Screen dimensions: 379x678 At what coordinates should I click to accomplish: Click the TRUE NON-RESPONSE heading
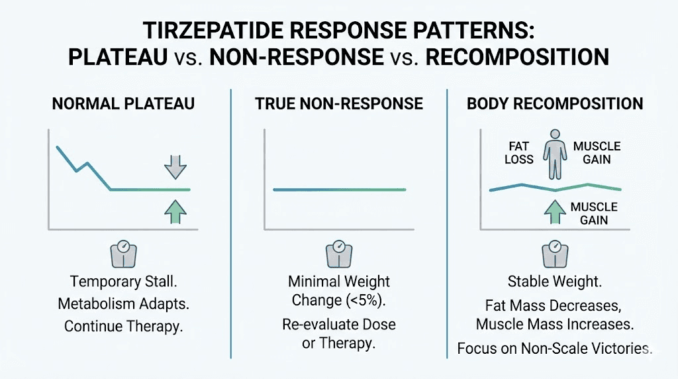[338, 103]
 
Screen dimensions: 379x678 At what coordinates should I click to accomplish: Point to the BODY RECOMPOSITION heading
[555, 103]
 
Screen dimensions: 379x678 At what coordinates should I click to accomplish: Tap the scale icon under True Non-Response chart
[338, 254]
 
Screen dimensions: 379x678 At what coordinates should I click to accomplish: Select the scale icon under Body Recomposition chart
[555, 254]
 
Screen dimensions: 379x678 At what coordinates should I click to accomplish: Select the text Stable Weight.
[555, 282]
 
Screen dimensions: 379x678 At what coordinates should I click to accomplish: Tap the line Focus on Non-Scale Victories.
[555, 348]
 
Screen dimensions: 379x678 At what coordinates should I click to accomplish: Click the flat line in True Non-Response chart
[338, 189]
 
